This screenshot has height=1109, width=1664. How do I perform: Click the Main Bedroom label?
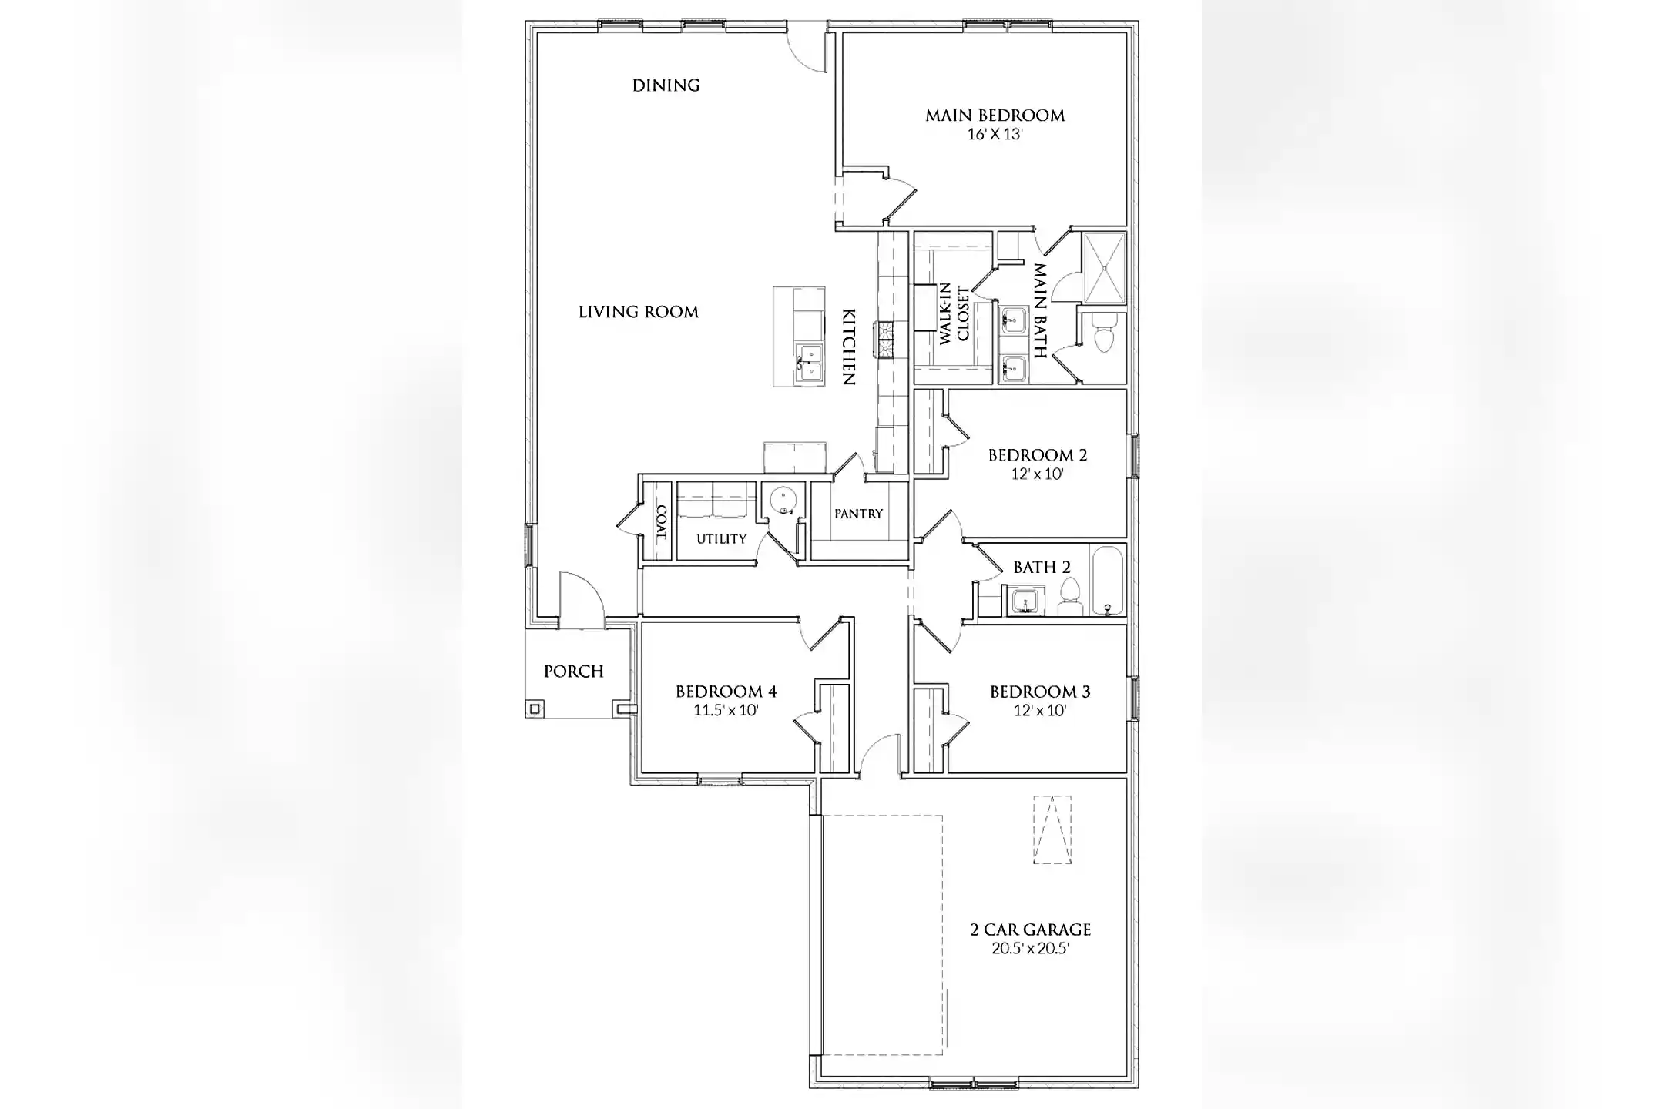(995, 116)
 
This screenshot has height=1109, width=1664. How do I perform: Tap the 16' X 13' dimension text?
(995, 134)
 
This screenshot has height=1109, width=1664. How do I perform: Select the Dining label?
(666, 85)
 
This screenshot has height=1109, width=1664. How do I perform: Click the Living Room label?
(638, 312)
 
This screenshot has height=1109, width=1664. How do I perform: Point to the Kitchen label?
(848, 347)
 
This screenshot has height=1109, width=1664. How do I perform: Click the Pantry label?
(858, 514)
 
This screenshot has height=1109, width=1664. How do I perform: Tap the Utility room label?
(721, 539)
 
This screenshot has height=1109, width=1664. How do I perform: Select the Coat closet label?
(660, 521)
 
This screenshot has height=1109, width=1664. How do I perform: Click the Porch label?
(573, 672)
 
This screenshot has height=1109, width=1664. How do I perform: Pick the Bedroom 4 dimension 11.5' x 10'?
(726, 710)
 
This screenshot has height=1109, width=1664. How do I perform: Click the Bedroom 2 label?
(1037, 455)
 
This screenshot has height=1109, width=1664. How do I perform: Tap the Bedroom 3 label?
(1039, 692)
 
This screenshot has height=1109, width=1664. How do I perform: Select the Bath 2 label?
(1041, 568)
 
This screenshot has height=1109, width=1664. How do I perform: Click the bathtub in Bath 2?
(1108, 581)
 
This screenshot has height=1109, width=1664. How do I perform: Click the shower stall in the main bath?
(1105, 268)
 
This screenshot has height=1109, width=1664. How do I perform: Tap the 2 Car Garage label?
(1030, 930)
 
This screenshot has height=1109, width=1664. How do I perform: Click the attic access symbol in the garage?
(1052, 829)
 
